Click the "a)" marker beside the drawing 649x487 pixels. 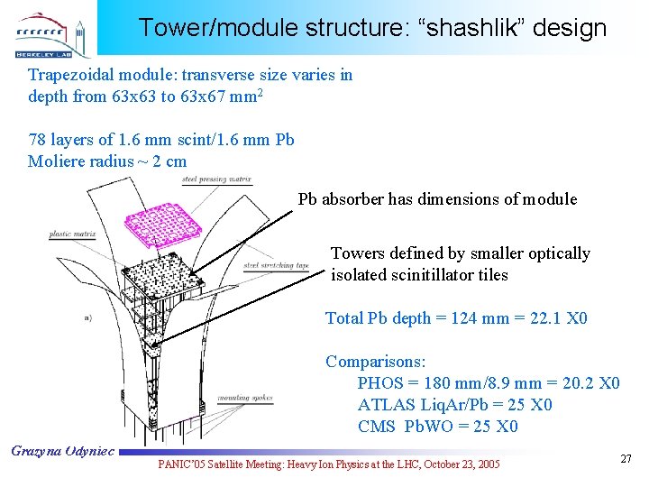87,317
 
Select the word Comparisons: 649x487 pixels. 375,362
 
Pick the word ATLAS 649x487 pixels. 385,405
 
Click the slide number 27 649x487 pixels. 626,460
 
